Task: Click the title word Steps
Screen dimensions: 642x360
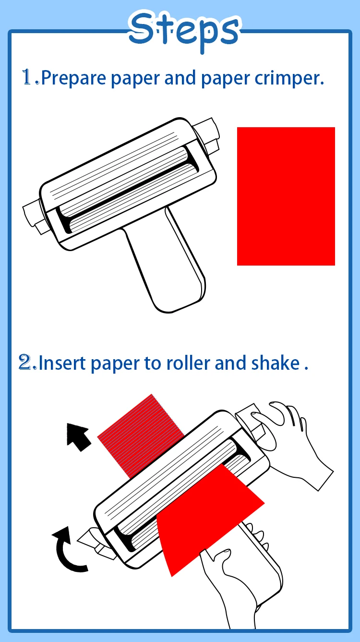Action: click(x=184, y=30)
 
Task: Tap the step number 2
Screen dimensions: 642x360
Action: click(x=27, y=363)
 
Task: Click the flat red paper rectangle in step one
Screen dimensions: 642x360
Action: click(x=286, y=196)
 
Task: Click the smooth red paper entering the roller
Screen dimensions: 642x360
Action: click(x=206, y=519)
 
